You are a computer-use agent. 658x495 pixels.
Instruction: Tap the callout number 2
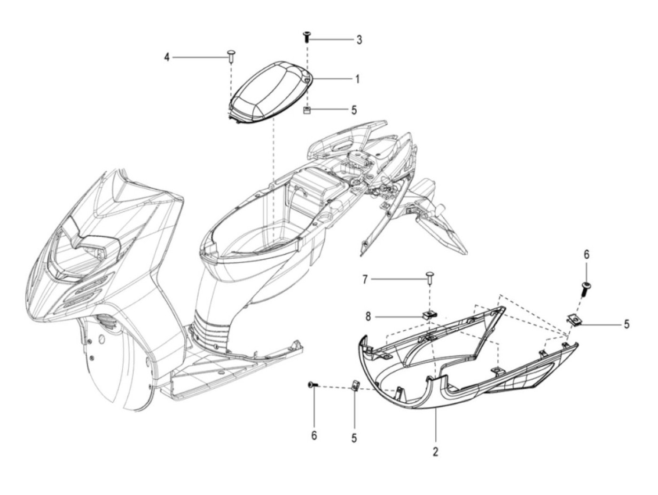(x=435, y=452)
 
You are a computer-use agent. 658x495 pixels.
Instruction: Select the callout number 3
(x=359, y=40)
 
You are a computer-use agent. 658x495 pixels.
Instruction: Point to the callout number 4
(x=166, y=57)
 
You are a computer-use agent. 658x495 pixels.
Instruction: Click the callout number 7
(x=365, y=280)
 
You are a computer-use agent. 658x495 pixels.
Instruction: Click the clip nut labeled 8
(x=429, y=315)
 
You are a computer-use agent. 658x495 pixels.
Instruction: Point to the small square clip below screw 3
(x=307, y=111)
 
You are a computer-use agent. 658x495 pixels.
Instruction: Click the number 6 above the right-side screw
(x=586, y=255)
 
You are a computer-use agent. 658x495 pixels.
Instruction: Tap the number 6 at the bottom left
(x=314, y=435)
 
